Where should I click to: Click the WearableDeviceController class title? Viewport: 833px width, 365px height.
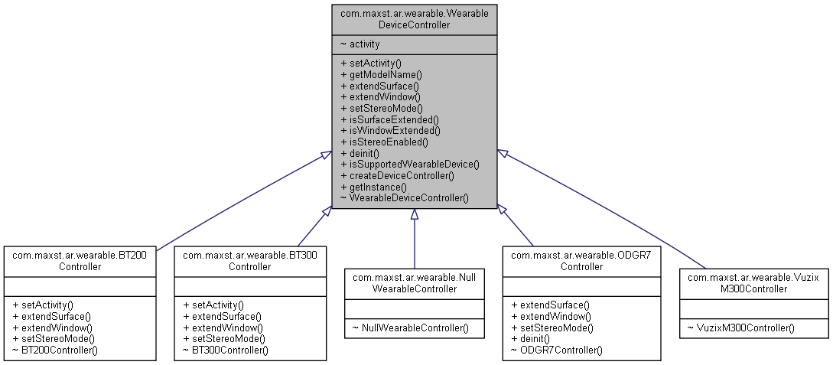415,19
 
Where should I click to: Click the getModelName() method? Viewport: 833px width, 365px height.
381,74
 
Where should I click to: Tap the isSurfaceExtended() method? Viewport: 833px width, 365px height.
389,119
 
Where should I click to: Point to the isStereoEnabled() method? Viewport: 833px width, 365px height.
383,142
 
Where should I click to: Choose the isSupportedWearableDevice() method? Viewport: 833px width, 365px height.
409,164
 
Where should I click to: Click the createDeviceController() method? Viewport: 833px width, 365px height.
397,175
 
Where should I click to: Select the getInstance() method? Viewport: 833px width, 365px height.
373,187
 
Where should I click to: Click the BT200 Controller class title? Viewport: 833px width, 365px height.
82,260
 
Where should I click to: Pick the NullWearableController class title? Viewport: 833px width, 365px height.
415,282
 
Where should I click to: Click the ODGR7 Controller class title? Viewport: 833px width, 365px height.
581,260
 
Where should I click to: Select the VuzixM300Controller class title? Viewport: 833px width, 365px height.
754,282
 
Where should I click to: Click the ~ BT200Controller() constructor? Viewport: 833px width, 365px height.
55,350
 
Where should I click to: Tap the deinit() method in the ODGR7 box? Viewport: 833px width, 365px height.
529,338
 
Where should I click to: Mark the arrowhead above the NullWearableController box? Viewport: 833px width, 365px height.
415,214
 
